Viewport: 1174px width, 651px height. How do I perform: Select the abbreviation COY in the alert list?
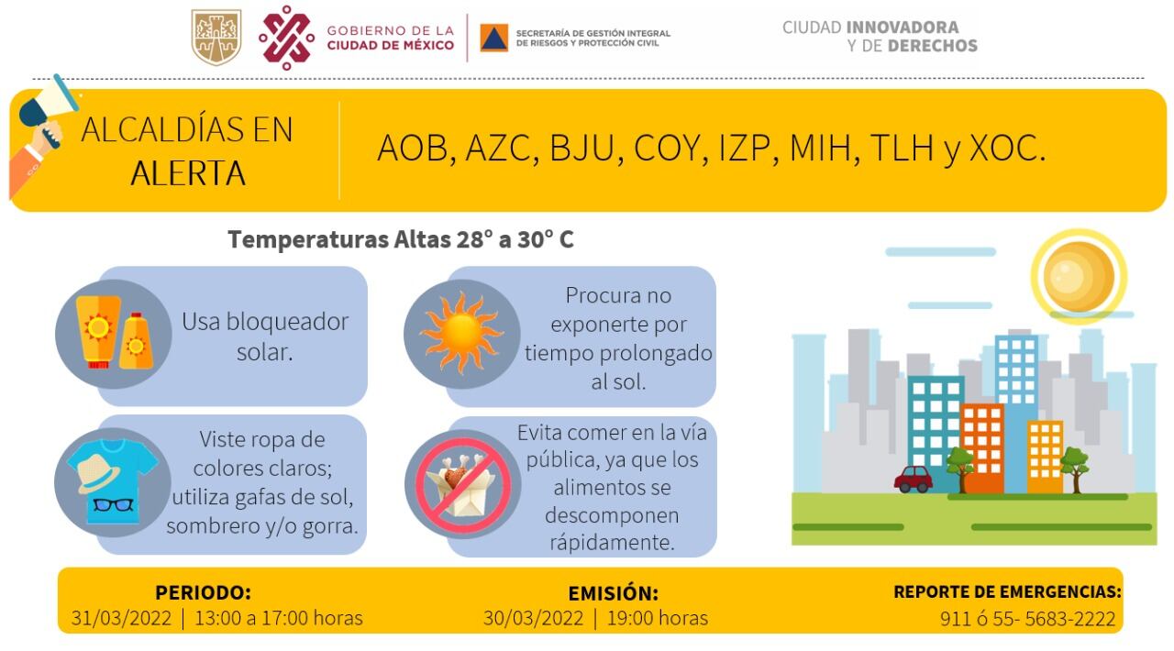pyautogui.click(x=667, y=149)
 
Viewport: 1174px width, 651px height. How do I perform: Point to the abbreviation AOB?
pyautogui.click(x=413, y=149)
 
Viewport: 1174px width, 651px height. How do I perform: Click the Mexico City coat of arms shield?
pyautogui.click(x=216, y=37)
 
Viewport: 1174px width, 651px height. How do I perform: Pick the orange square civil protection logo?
pyautogui.click(x=493, y=38)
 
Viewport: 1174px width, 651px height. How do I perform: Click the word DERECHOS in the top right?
pyautogui.click(x=933, y=46)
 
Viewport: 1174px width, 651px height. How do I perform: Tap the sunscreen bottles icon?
pyautogui.click(x=114, y=334)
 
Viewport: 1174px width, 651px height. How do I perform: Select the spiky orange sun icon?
pyautogui.click(x=461, y=334)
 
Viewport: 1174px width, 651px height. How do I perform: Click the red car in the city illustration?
pyautogui.click(x=913, y=479)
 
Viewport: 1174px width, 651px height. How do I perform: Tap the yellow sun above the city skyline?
pyautogui.click(x=1079, y=276)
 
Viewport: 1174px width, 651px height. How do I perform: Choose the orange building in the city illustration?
pyautogui.click(x=983, y=448)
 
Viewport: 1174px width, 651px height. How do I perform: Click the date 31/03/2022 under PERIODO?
pyautogui.click(x=121, y=619)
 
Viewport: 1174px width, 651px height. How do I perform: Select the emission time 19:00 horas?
pyautogui.click(x=658, y=619)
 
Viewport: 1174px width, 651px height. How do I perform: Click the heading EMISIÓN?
pyautogui.click(x=614, y=593)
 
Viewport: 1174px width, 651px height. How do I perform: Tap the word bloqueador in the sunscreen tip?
pyautogui.click(x=287, y=322)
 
